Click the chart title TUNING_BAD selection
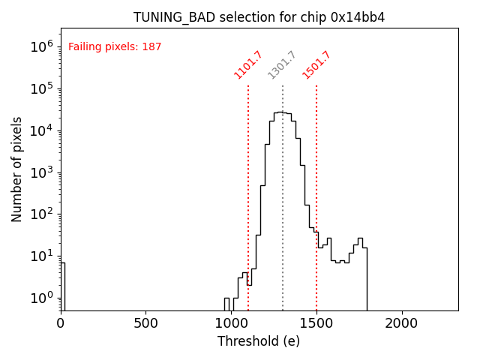(x=259, y=17)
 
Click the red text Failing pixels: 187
(x=115, y=47)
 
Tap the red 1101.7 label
(x=248, y=64)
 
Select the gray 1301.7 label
(x=283, y=64)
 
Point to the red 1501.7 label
(x=316, y=64)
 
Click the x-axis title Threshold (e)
(x=259, y=342)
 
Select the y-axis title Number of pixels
(x=17, y=169)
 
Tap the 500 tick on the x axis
(x=146, y=323)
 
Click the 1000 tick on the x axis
(x=232, y=323)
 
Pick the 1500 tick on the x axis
(x=316, y=323)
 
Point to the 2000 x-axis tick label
(x=402, y=323)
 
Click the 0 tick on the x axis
(x=61, y=323)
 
